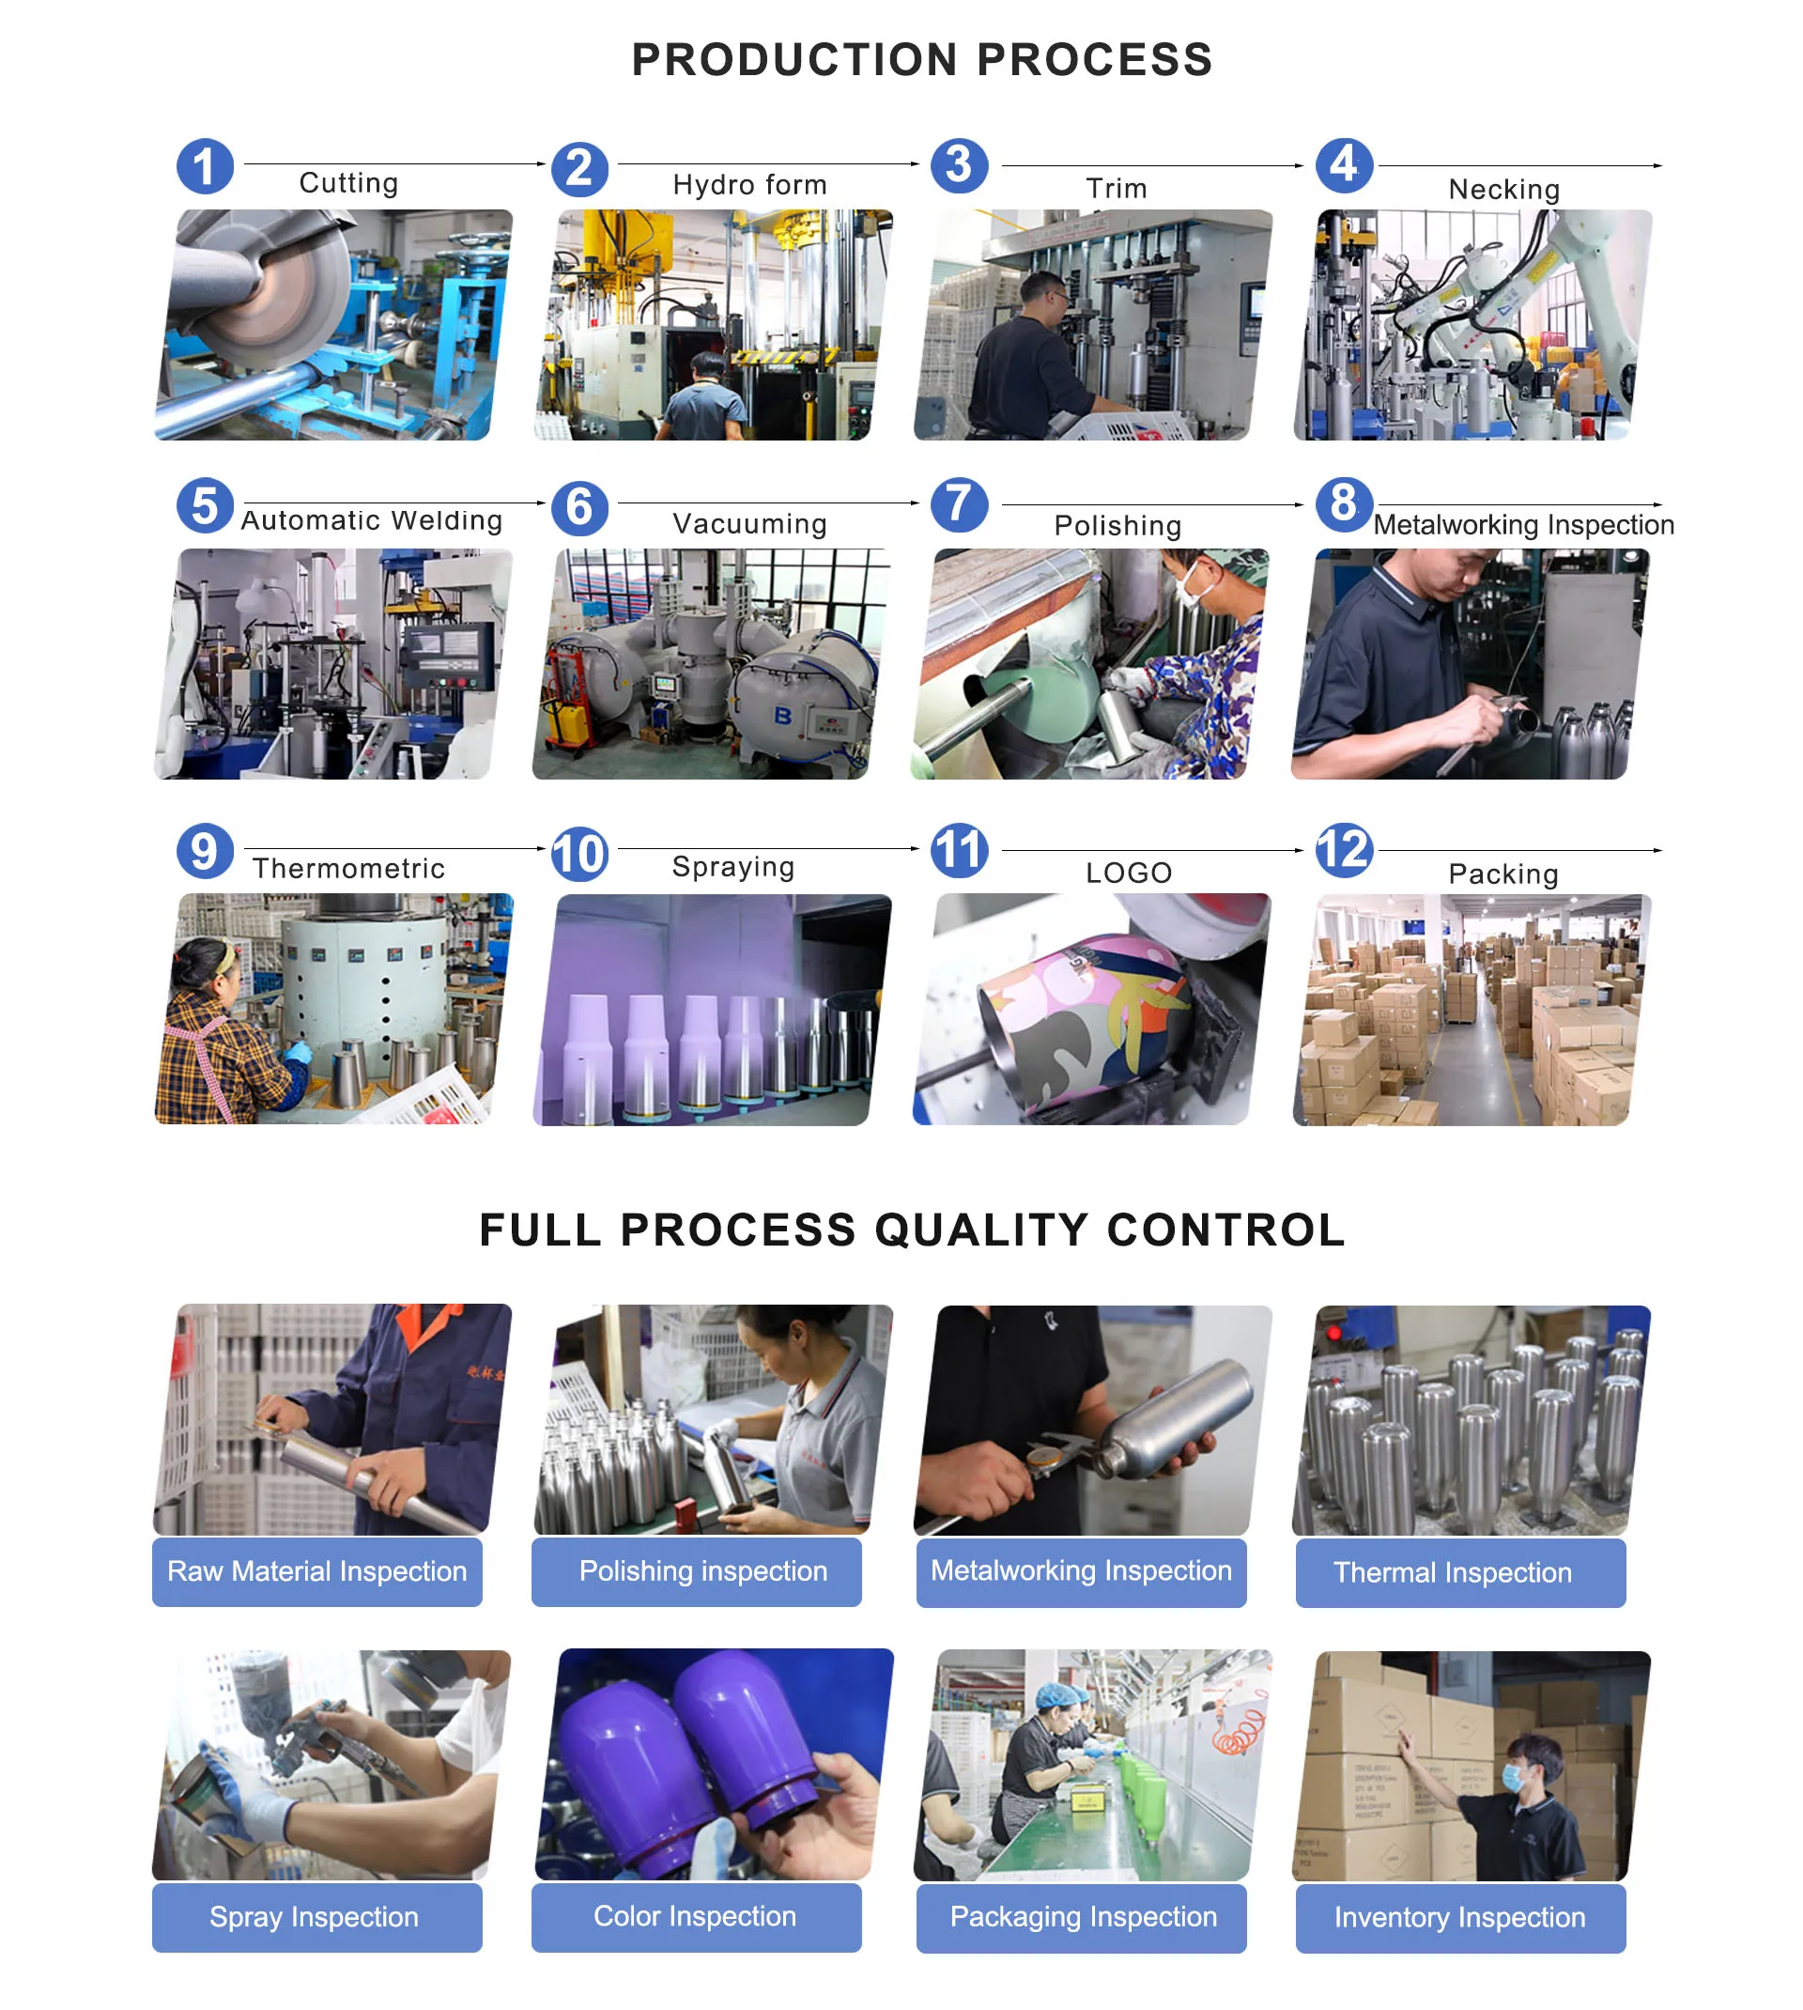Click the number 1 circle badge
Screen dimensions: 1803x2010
click(205, 166)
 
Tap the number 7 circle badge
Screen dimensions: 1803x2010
click(959, 504)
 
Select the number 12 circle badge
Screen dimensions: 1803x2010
click(1344, 850)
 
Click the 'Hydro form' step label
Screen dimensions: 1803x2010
click(749, 185)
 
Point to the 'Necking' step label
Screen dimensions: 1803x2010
click(1502, 189)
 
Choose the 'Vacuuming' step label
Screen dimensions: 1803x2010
click(749, 523)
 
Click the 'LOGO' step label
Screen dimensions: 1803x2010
click(1129, 873)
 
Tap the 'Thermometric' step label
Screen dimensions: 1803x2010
click(348, 869)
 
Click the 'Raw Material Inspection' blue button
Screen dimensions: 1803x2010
click(317, 1572)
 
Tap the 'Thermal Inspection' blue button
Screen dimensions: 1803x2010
click(1460, 1573)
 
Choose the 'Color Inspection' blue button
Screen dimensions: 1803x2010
click(697, 1918)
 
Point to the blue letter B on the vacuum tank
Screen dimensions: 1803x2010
click(782, 715)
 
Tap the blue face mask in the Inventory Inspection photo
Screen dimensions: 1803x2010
click(1513, 1777)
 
